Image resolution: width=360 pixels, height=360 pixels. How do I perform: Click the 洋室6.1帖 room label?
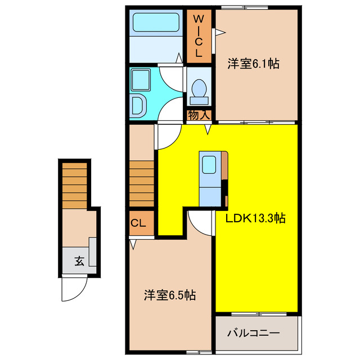coord(254,64)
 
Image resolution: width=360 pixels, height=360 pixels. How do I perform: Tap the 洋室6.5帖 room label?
coord(169,295)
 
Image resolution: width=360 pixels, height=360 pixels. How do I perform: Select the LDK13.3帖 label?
coord(256,219)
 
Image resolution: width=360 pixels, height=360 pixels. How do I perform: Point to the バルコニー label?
coord(253,334)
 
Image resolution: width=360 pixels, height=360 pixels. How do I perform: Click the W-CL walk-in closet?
coord(199,37)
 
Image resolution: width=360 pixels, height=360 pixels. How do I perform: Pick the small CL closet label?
coord(138,223)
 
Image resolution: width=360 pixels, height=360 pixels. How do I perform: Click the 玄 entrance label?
coord(79,261)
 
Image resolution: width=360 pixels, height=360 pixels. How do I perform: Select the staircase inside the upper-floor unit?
coord(141,183)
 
